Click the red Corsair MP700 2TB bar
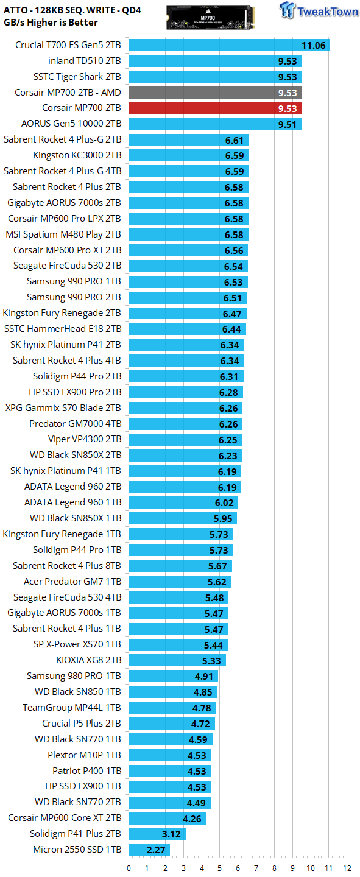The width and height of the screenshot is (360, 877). coord(216,108)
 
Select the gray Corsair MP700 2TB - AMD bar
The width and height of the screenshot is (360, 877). coord(216,93)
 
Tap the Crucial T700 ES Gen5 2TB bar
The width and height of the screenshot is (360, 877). coord(230,45)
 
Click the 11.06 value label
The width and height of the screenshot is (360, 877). coord(313,46)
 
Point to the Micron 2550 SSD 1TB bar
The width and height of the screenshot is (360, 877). coord(149,850)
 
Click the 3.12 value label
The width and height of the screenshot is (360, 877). coord(171,834)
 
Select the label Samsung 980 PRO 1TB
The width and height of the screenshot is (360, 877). coord(74,676)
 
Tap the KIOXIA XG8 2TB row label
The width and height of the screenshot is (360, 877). coord(89,660)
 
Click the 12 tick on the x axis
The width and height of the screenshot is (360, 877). coord(347,868)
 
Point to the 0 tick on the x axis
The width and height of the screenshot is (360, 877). coord(129,868)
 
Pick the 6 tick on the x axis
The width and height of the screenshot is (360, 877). coord(238,868)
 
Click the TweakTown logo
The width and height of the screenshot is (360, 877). coord(319,10)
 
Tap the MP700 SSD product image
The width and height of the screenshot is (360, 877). coord(211,18)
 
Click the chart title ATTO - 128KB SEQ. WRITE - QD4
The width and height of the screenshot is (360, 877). coord(72,10)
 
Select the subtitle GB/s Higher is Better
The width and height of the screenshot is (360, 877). coord(51,23)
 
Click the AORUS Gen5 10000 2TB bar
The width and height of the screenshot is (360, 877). coord(215,124)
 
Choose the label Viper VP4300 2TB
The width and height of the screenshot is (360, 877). coord(85,439)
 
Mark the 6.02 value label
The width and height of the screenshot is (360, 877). coord(224,502)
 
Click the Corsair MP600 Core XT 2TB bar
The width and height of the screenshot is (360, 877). coord(168,819)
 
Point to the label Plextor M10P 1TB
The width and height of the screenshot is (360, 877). coord(84,755)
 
